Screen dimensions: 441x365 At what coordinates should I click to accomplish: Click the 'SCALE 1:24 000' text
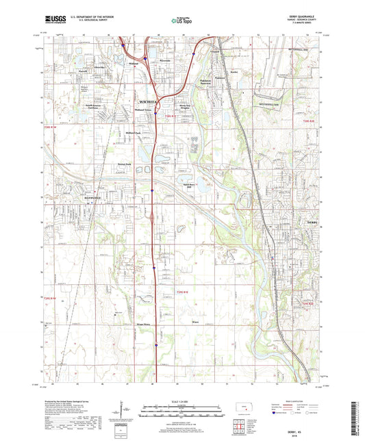[x=181, y=401]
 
